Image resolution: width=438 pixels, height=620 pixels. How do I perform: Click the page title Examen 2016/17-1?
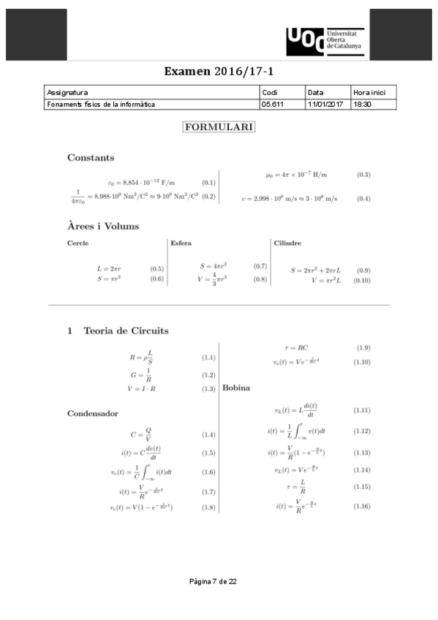(x=219, y=72)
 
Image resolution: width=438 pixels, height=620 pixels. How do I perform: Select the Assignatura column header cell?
(x=67, y=93)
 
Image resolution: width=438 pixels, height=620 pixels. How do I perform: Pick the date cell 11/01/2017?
(x=325, y=105)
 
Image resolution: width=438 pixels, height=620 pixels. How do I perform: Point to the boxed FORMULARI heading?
(x=219, y=127)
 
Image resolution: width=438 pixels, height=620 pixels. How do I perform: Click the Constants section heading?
(x=91, y=157)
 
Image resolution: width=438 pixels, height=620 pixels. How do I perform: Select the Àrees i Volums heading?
(x=103, y=226)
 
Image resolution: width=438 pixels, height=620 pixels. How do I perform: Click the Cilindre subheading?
(x=287, y=243)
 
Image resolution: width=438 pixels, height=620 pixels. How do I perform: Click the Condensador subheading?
(x=93, y=413)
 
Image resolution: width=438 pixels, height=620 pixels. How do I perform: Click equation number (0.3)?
(x=363, y=175)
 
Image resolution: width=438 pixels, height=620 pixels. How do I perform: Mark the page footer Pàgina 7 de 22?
(x=213, y=581)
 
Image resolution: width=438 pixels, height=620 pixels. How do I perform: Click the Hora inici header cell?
(x=374, y=93)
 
